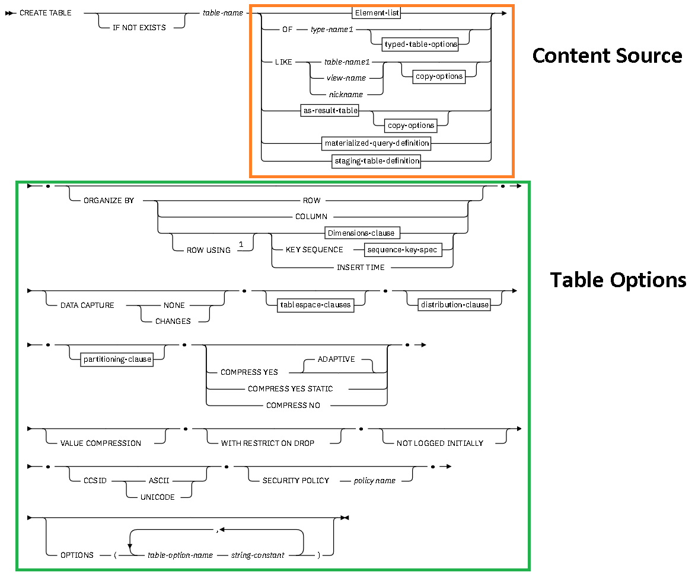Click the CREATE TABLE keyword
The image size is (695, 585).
click(x=46, y=12)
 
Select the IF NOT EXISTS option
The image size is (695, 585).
click(x=139, y=28)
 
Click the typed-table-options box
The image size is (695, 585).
click(x=421, y=44)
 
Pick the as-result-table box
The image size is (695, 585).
click(x=330, y=111)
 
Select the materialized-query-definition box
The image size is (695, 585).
click(x=377, y=143)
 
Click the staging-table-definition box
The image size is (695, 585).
click(x=377, y=160)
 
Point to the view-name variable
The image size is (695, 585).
click(x=346, y=78)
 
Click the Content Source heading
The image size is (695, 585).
click(x=607, y=56)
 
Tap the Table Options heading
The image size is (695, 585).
click(x=617, y=279)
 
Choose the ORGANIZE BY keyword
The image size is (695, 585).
click(x=109, y=201)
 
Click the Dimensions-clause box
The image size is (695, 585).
click(x=361, y=233)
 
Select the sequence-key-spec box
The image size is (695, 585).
click(x=403, y=250)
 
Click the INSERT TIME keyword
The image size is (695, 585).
click(x=361, y=267)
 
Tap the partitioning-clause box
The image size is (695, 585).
click(x=117, y=359)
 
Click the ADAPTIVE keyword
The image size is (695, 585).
click(x=336, y=359)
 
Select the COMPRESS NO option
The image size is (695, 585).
click(x=293, y=405)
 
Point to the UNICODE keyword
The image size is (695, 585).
click(x=157, y=497)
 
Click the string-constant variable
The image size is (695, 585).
click(x=258, y=555)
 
